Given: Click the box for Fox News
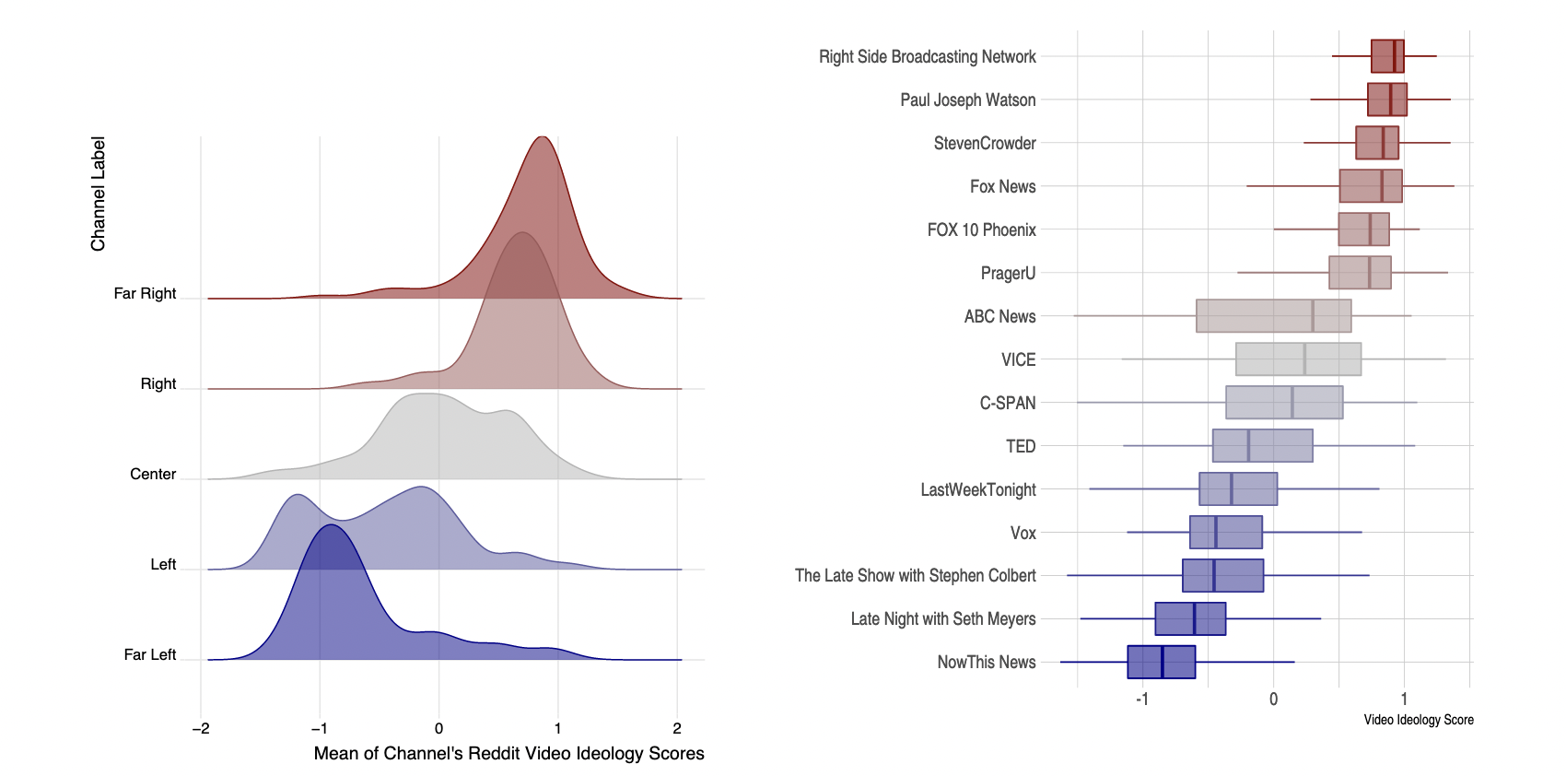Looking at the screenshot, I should coord(1370,186).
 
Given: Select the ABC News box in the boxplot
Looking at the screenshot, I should coord(1273,316).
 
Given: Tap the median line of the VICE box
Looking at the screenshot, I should coord(1304,359).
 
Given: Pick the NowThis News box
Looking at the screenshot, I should coord(1161,662).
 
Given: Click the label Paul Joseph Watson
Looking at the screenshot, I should coord(967,100).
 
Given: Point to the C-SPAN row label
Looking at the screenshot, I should coord(1007,403).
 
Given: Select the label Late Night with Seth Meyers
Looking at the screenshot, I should coord(942,618).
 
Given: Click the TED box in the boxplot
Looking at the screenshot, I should coord(1262,446).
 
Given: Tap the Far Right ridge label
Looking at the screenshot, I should coord(145,293).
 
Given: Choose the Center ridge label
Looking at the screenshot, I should coord(153,474).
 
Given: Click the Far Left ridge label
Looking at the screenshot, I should coord(149,654).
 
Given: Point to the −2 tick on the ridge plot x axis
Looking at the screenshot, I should coord(201,728).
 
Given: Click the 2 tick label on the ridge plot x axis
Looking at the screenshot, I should coord(677,728).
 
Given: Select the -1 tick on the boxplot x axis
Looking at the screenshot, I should coord(1142,699).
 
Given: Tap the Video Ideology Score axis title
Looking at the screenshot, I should coord(1418,720).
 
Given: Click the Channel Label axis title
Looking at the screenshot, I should coord(98,194).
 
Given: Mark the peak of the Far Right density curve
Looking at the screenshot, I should coord(543,137).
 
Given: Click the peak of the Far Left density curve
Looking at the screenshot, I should coord(330,525).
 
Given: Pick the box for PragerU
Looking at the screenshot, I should coord(1359,273).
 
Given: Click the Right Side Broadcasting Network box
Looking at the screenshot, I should coord(1386,56).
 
